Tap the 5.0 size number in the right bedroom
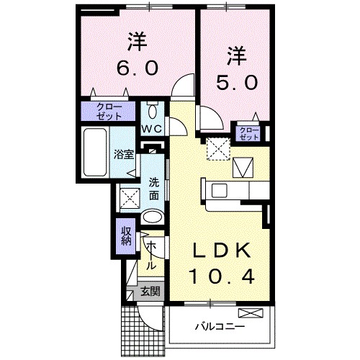[233, 82]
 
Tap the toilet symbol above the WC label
[152, 111]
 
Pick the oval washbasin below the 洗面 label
[151, 217]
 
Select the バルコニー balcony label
[219, 326]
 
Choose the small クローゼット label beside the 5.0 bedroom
[248, 133]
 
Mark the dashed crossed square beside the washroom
[130, 196]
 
